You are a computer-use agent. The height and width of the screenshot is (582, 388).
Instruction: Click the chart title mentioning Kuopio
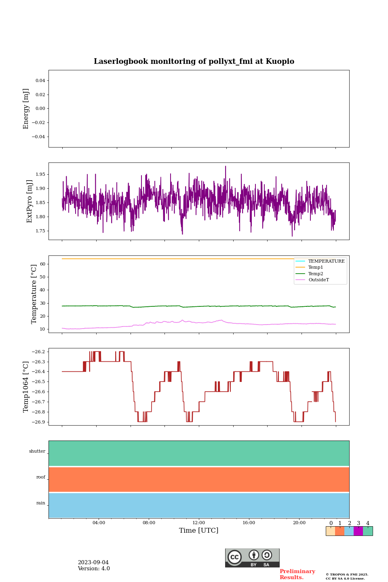(x=194, y=61)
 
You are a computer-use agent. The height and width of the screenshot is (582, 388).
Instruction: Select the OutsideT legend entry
(x=318, y=280)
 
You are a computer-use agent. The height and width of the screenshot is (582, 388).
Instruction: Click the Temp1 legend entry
(x=316, y=268)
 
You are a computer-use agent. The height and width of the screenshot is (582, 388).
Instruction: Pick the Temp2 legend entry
(x=316, y=274)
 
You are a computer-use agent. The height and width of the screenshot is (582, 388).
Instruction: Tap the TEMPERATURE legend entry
(x=326, y=261)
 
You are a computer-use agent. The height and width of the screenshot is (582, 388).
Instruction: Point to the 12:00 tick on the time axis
(x=199, y=523)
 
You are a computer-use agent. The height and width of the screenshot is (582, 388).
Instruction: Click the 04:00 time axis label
(x=99, y=523)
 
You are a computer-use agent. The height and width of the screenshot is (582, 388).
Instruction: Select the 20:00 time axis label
(x=299, y=523)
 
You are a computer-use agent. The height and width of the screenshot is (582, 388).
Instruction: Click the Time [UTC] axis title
(x=199, y=530)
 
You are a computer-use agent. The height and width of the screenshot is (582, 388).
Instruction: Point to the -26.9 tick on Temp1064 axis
(x=38, y=422)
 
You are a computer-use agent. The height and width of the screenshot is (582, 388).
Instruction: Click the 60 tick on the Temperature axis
(x=42, y=264)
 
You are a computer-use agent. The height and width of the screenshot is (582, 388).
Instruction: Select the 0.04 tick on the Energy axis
(x=40, y=81)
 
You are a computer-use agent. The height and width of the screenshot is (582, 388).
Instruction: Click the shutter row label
(x=37, y=451)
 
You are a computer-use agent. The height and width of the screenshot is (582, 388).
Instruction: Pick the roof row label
(x=41, y=477)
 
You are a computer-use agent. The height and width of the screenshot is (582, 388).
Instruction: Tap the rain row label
(x=41, y=503)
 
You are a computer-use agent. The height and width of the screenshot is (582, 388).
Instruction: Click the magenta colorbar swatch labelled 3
(x=358, y=531)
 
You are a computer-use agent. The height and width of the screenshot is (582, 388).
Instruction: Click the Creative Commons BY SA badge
(x=252, y=558)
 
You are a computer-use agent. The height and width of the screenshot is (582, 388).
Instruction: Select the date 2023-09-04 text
(x=93, y=563)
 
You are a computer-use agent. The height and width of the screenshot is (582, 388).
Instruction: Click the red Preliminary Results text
(x=297, y=574)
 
